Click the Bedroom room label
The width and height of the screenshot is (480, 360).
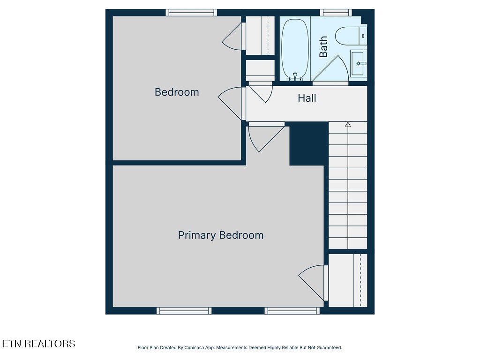pos(177,92)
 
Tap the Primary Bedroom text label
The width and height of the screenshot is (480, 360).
pos(220,235)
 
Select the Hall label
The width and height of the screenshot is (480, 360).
pos(307,98)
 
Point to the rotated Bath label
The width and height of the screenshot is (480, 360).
pos(323,47)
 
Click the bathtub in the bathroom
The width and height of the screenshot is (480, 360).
pos(295,48)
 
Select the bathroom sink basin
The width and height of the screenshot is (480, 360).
pos(359,63)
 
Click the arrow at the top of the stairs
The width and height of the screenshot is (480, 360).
pos(348,124)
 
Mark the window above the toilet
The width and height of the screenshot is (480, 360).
pos(336,13)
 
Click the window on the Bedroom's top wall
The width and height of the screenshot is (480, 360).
pos(191,13)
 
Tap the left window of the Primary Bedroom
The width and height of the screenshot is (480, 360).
pos(184,310)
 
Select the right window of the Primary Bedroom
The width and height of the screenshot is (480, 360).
pos(292,310)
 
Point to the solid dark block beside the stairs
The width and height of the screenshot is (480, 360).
pos(308,143)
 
